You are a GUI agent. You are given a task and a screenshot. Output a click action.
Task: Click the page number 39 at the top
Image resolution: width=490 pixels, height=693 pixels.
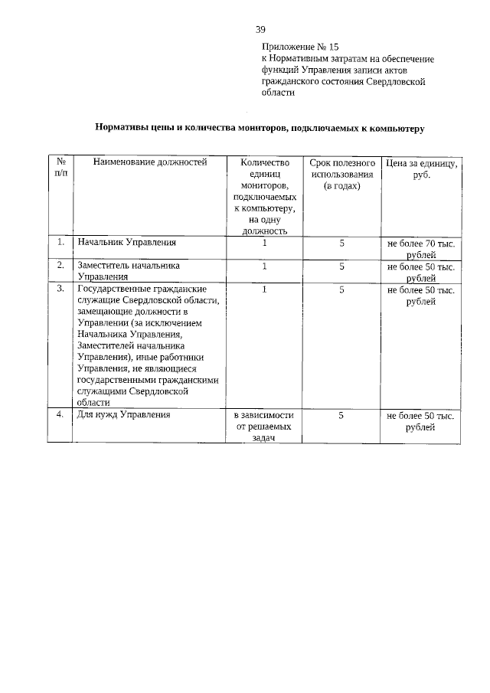[260, 30]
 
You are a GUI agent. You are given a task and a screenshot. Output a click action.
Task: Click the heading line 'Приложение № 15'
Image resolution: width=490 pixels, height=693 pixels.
[299, 46]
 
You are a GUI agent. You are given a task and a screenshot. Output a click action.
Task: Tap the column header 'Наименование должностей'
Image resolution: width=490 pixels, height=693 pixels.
[150, 162]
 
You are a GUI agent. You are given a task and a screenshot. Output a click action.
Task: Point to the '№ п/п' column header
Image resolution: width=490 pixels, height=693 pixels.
[60, 168]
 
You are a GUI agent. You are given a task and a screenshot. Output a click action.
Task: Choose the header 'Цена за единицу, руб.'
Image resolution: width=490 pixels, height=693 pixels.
[421, 168]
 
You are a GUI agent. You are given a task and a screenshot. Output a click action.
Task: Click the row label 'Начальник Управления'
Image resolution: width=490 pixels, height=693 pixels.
[127, 243]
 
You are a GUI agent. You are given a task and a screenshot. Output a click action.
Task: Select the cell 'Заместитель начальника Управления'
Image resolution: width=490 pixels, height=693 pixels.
[129, 272]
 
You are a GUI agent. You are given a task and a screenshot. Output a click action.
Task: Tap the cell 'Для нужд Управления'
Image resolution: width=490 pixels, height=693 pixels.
[123, 415]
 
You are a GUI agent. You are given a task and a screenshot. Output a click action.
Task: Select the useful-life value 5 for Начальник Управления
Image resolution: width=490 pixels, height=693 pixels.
[342, 243]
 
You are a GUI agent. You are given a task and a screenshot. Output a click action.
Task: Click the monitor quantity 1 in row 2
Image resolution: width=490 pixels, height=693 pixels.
[264, 266]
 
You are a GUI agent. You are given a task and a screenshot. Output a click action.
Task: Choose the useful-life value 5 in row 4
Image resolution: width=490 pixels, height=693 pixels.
[342, 415]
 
